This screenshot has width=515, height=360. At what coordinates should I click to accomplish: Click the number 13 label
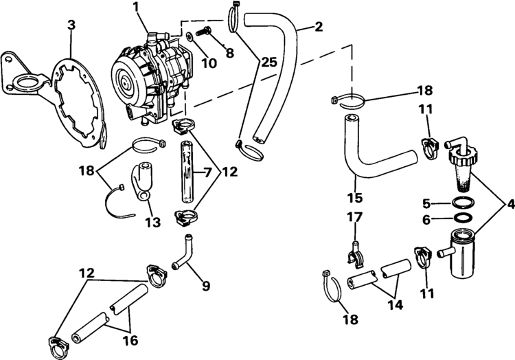[153, 222]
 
